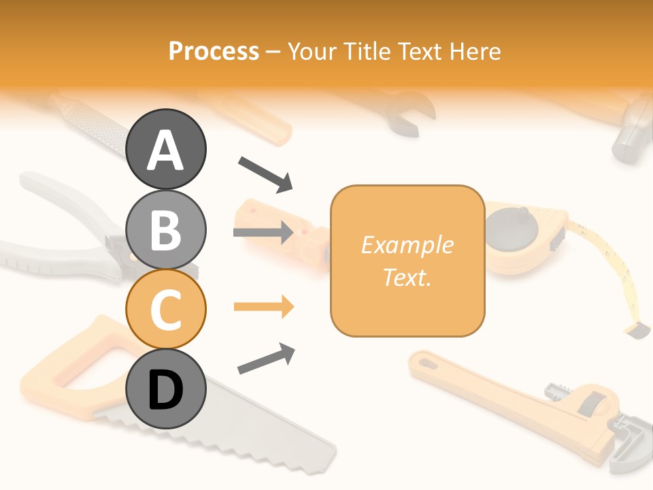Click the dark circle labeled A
166,149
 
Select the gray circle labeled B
166,229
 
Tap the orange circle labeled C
166,309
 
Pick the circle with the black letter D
166,389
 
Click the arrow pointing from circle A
265,173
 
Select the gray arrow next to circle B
263,233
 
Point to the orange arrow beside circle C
264,307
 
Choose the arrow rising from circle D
266,359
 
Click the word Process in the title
214,51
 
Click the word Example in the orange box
407,245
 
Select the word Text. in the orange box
407,278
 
